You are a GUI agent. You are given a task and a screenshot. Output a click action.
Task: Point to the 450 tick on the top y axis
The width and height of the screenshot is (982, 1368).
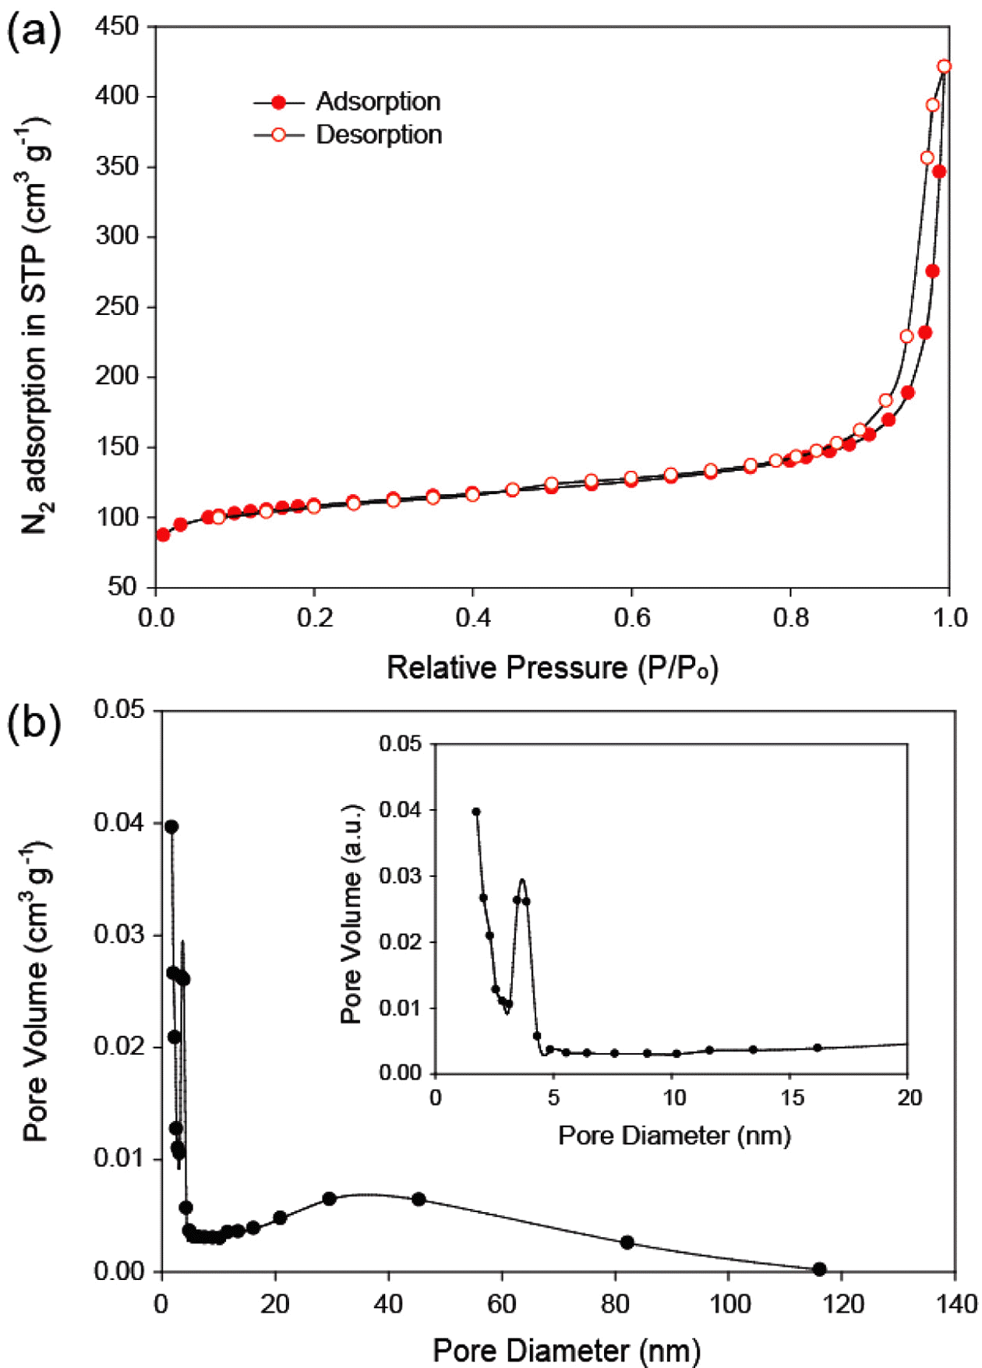116,27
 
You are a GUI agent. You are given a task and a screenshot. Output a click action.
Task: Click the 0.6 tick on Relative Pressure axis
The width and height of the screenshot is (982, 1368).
631,618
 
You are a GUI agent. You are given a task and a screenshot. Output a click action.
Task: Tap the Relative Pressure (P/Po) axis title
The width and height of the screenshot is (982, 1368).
552,668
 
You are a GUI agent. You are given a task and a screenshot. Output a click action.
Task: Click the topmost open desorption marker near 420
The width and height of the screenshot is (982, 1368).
944,67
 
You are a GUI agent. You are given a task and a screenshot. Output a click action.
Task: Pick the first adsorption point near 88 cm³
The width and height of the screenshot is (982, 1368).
163,535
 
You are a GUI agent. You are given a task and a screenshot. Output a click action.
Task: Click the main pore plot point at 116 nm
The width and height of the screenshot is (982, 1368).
819,1269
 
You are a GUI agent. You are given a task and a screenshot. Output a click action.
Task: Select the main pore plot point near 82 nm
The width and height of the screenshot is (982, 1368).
627,1243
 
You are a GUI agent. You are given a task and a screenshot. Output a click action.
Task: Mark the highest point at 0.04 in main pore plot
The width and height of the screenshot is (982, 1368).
171,827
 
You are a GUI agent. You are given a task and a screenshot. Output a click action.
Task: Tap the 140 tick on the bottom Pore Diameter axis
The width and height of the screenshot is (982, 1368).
956,1303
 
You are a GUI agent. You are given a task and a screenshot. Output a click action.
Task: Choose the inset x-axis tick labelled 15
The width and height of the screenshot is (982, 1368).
792,1098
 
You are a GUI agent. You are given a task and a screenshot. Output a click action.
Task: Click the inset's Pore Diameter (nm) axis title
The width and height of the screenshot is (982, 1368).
674,1136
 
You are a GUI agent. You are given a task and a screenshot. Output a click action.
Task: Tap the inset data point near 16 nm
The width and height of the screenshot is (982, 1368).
818,1048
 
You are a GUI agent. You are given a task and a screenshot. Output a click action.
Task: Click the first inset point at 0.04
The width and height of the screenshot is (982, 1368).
476,811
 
